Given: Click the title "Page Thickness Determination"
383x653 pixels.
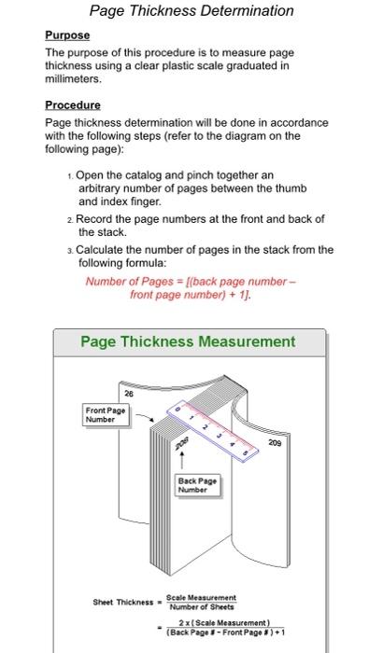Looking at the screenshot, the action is pyautogui.click(x=191, y=11).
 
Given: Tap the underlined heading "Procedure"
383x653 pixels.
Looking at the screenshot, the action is pyautogui.click(x=72, y=105).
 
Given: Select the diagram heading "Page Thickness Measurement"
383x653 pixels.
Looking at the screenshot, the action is pyautogui.click(x=188, y=341).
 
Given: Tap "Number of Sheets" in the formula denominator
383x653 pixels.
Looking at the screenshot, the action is pyautogui.click(x=201, y=606).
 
